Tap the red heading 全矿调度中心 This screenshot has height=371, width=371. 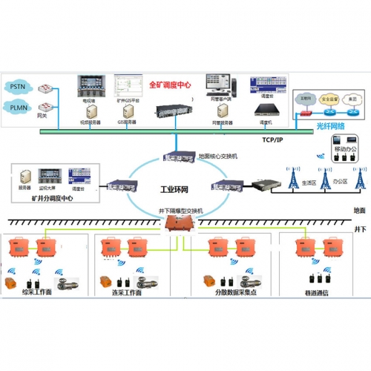tap(170, 85)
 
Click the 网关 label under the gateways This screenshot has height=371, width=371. tap(43, 116)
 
